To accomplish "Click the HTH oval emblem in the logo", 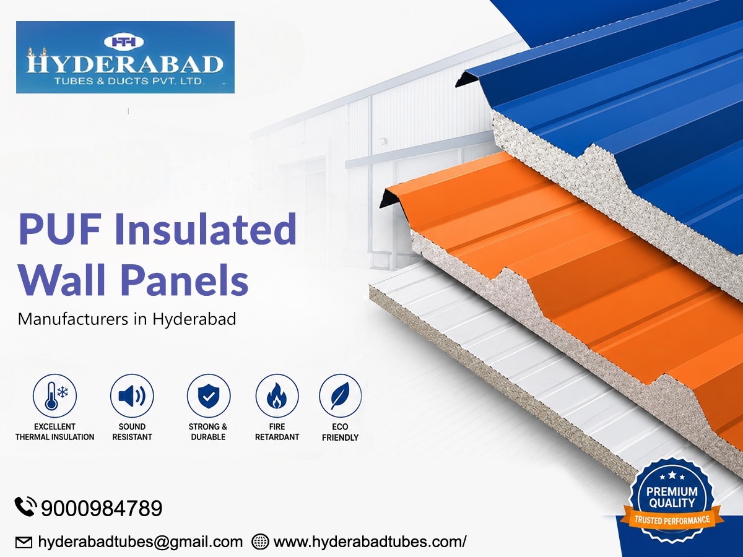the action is [x=124, y=41].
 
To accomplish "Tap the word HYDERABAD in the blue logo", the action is [x=125, y=64].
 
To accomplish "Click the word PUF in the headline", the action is [x=59, y=229].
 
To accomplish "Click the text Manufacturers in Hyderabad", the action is [x=126, y=319].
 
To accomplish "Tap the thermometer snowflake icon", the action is [x=55, y=395].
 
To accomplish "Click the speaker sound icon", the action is [x=132, y=395].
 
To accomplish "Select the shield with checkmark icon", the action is [x=209, y=395].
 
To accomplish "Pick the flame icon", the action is [x=277, y=395].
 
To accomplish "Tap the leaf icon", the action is [x=340, y=395].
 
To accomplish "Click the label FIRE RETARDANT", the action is [x=277, y=432].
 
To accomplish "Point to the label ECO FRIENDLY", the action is [x=340, y=432].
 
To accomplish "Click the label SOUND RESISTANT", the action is [x=132, y=432].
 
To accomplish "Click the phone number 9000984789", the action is [x=102, y=508].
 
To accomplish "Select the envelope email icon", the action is [x=24, y=543].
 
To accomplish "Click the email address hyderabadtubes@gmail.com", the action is [x=140, y=542].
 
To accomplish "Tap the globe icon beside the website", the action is [x=260, y=542].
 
